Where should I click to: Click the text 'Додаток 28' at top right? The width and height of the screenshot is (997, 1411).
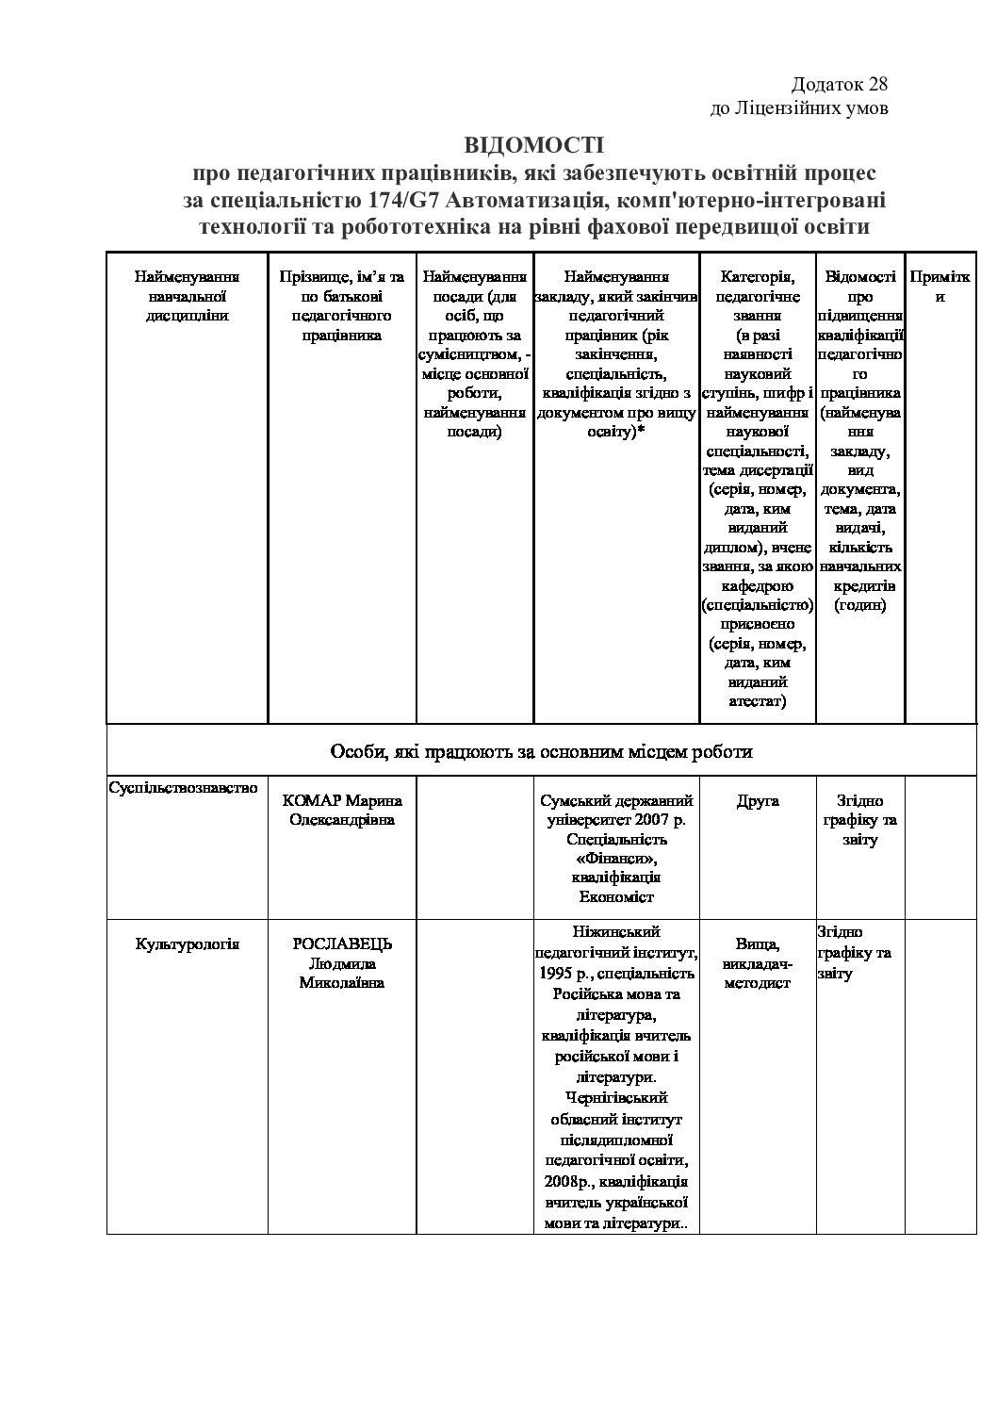pos(839,85)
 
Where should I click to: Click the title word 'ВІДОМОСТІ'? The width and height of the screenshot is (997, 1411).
pos(532,145)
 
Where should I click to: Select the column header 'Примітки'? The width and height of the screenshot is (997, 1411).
pos(940,287)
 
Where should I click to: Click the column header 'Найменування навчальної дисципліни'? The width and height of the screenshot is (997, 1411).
pos(187,296)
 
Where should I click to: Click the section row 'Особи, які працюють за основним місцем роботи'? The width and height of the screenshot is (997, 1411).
pos(541,751)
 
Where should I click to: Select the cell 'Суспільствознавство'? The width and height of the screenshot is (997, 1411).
pos(183,787)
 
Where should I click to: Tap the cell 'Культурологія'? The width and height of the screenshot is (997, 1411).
pos(188,943)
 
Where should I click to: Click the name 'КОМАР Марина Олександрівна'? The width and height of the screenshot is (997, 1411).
pos(342,810)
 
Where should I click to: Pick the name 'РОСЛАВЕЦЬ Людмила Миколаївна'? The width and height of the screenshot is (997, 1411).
pos(342,962)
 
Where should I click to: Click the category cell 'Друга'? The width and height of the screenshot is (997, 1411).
pos(758,800)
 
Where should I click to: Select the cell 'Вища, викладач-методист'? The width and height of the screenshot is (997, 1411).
pos(758,962)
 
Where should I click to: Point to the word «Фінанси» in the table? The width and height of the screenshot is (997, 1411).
pos(616,859)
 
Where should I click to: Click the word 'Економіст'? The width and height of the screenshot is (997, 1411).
pos(616,897)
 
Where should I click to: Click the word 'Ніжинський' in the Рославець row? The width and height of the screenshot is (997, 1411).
pos(616,931)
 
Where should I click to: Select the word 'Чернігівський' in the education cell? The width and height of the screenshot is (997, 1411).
pos(616,1097)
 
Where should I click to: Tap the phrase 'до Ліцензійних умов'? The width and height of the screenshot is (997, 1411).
pos(798,108)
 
